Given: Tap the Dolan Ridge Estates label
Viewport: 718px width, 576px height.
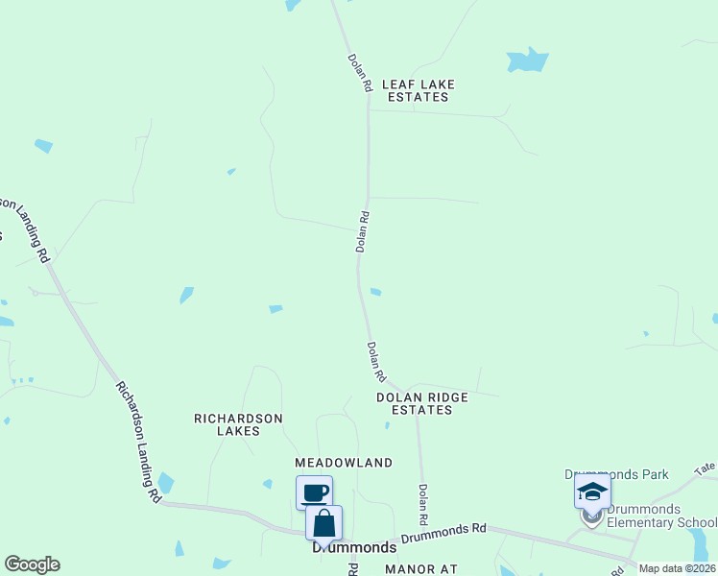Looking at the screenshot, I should coord(421,403).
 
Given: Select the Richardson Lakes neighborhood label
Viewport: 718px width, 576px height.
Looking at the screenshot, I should coord(239,424).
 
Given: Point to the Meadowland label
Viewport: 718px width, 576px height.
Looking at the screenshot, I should coord(344,463).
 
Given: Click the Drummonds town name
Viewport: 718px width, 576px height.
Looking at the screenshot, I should coord(354,547).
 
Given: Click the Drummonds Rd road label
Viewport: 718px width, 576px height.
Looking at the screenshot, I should coord(444,534).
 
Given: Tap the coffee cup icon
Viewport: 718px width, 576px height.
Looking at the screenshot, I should coord(314,493).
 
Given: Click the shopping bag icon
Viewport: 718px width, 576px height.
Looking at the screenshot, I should coord(323,523).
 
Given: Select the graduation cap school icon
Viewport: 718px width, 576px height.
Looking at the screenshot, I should coord(592,492).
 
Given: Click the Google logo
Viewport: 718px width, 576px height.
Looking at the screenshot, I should coord(32,564).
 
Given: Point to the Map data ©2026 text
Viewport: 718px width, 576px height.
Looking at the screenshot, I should coord(677,568).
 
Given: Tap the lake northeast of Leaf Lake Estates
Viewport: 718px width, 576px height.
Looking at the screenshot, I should coord(527,60).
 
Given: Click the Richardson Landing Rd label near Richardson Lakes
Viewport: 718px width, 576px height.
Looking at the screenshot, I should coord(137,442).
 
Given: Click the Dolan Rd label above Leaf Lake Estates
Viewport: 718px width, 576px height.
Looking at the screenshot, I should coord(359,72).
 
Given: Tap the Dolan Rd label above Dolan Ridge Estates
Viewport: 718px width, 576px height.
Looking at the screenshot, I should coord(375,360).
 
